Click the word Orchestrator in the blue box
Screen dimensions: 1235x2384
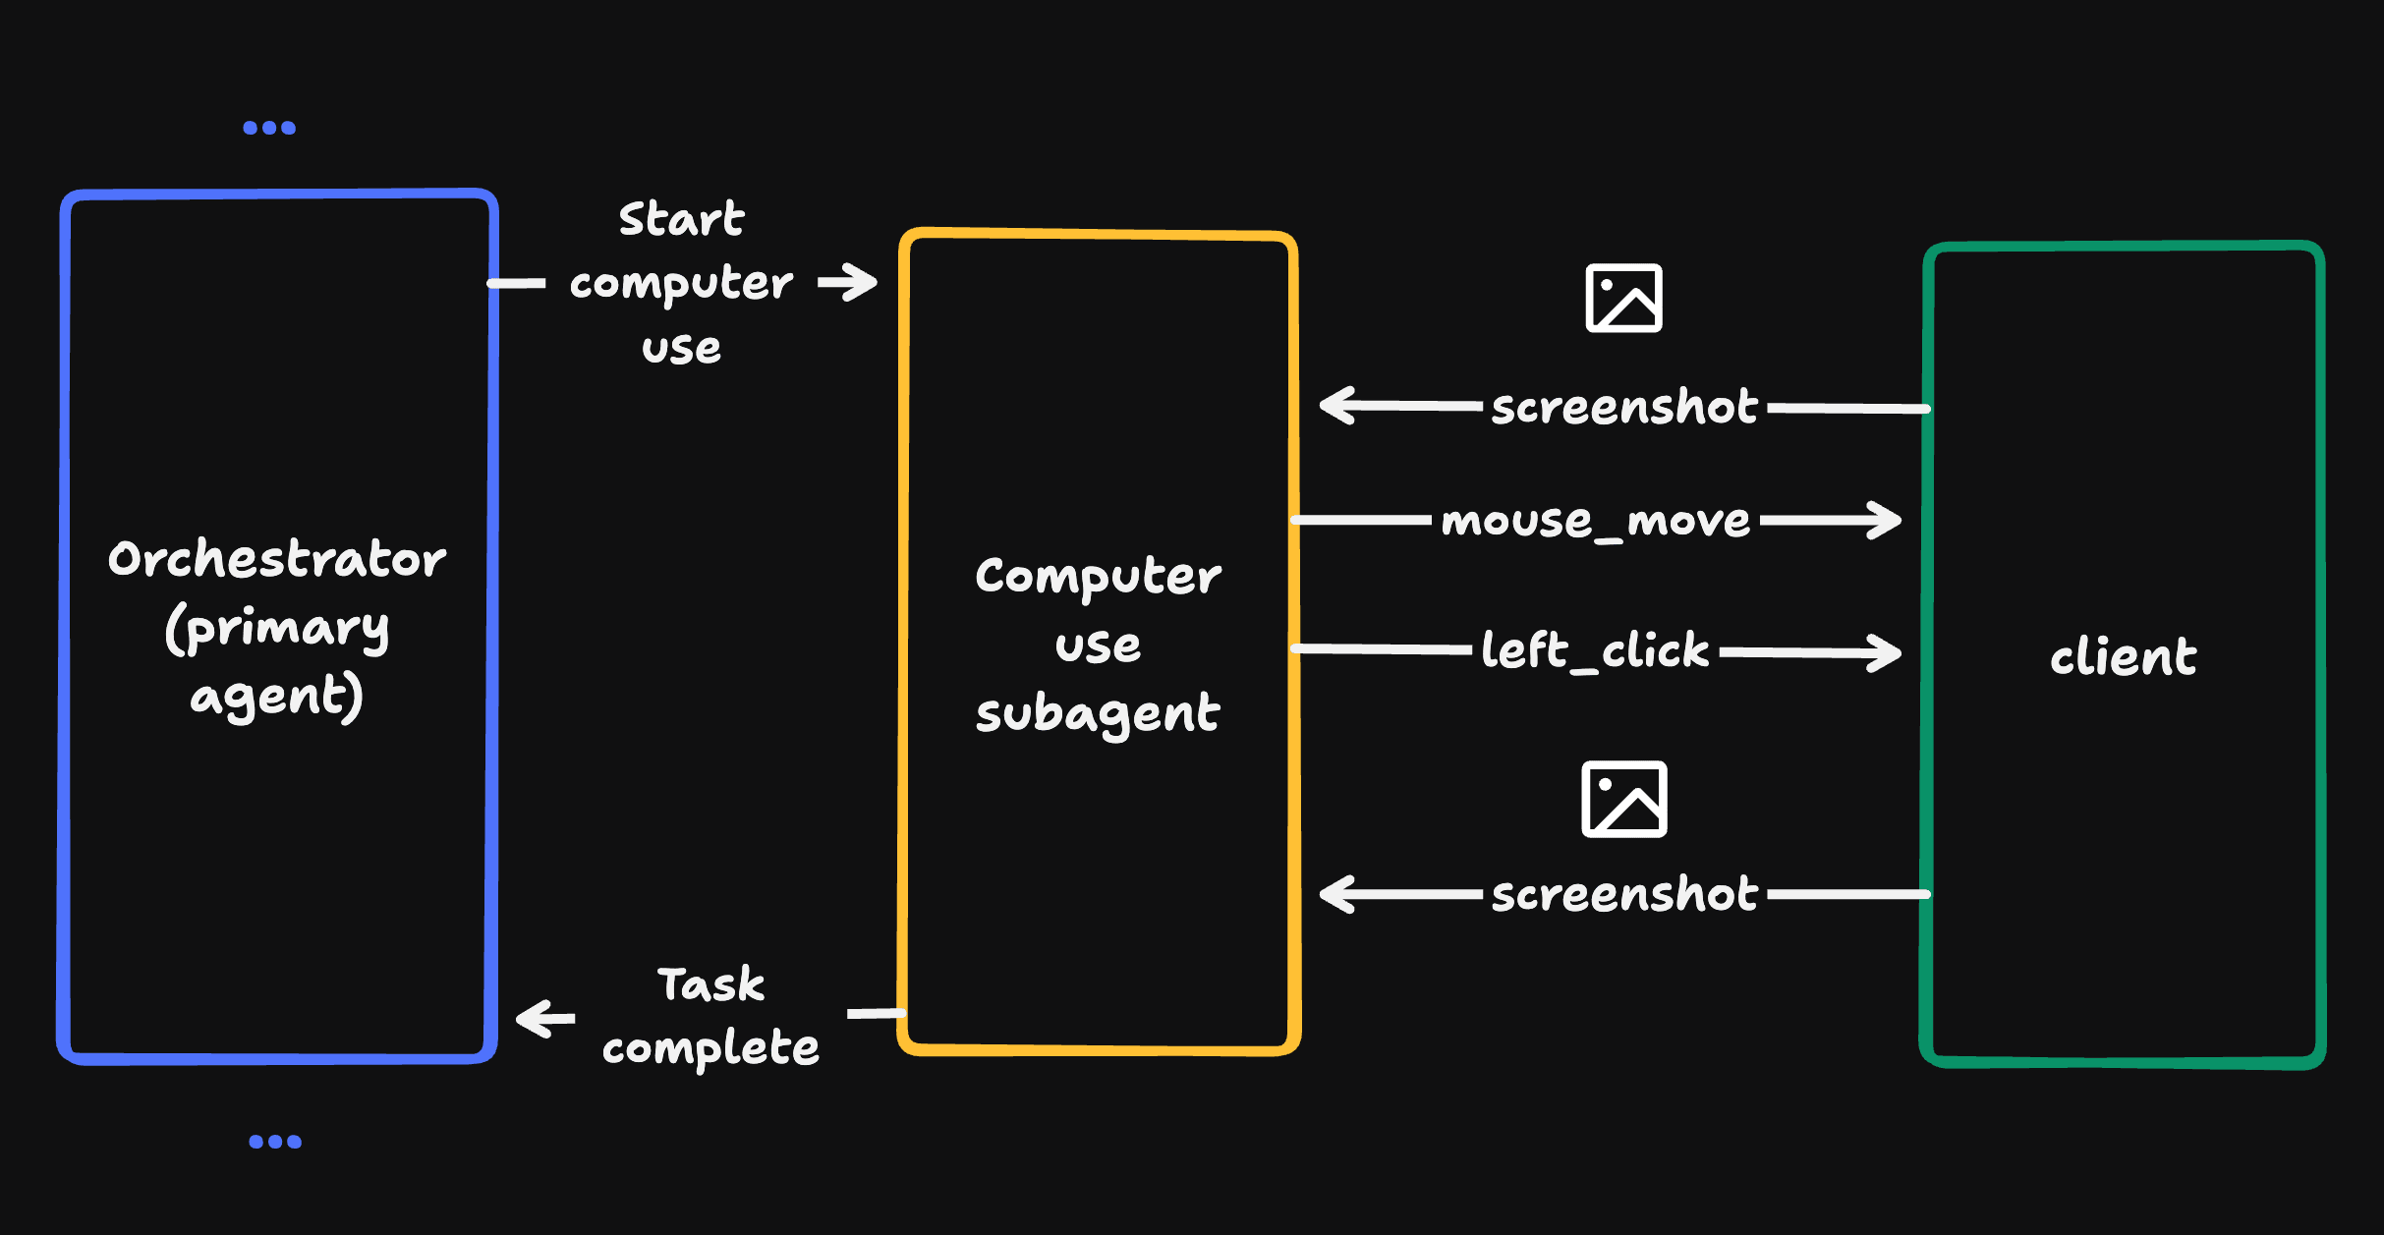click(x=276, y=560)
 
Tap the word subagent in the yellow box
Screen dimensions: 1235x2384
click(x=1098, y=714)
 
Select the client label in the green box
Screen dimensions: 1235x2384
click(x=2123, y=656)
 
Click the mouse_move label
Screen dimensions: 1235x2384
click(x=1595, y=521)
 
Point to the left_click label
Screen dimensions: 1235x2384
click(x=1595, y=650)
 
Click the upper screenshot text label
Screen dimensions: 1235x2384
click(x=1624, y=407)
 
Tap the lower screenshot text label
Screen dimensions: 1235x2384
click(x=1624, y=894)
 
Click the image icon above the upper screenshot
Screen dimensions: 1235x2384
click(x=1623, y=298)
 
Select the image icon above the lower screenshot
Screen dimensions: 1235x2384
click(x=1623, y=799)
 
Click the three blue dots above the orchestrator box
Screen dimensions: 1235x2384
click(x=269, y=128)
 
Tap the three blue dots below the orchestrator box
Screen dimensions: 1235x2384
click(x=275, y=1142)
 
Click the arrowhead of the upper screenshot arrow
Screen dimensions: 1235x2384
click(x=1336, y=405)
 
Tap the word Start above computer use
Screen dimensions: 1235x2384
click(x=681, y=219)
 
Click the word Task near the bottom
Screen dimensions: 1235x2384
click(x=710, y=984)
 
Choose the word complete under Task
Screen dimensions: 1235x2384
click(x=710, y=1048)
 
